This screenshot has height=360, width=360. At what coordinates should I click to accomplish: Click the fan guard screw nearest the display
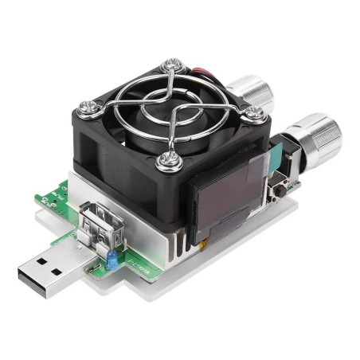(x=170, y=162)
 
